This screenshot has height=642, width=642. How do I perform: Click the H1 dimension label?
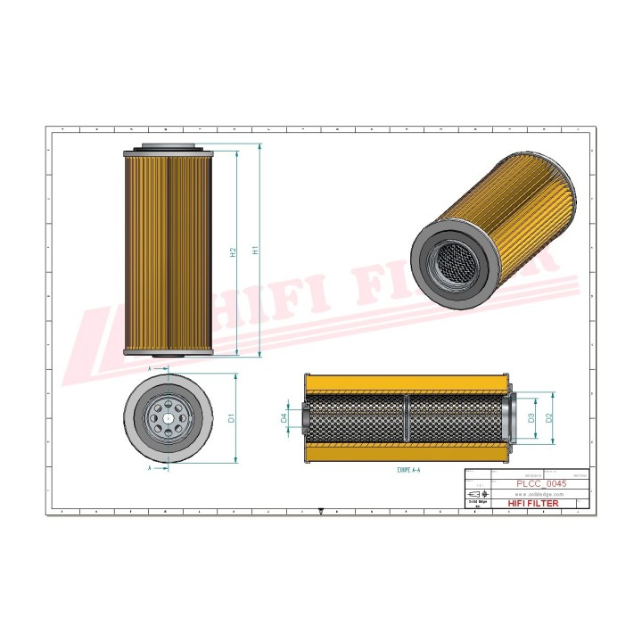256,251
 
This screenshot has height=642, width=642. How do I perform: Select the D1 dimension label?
231,417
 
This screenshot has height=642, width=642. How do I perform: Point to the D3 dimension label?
531,417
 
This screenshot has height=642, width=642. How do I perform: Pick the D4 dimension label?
284,417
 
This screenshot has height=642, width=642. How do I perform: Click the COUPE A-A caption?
409,467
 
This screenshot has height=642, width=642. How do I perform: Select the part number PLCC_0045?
542,484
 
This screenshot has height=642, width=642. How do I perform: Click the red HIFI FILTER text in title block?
533,504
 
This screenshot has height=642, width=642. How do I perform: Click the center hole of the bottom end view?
168,417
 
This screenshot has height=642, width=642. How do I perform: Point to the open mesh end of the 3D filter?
451,262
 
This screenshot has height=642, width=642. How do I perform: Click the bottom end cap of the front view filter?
168,353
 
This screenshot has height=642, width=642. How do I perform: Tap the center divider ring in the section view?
406,417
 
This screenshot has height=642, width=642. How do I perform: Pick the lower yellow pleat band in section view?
406,452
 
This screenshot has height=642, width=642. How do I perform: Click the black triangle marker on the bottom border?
320,514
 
